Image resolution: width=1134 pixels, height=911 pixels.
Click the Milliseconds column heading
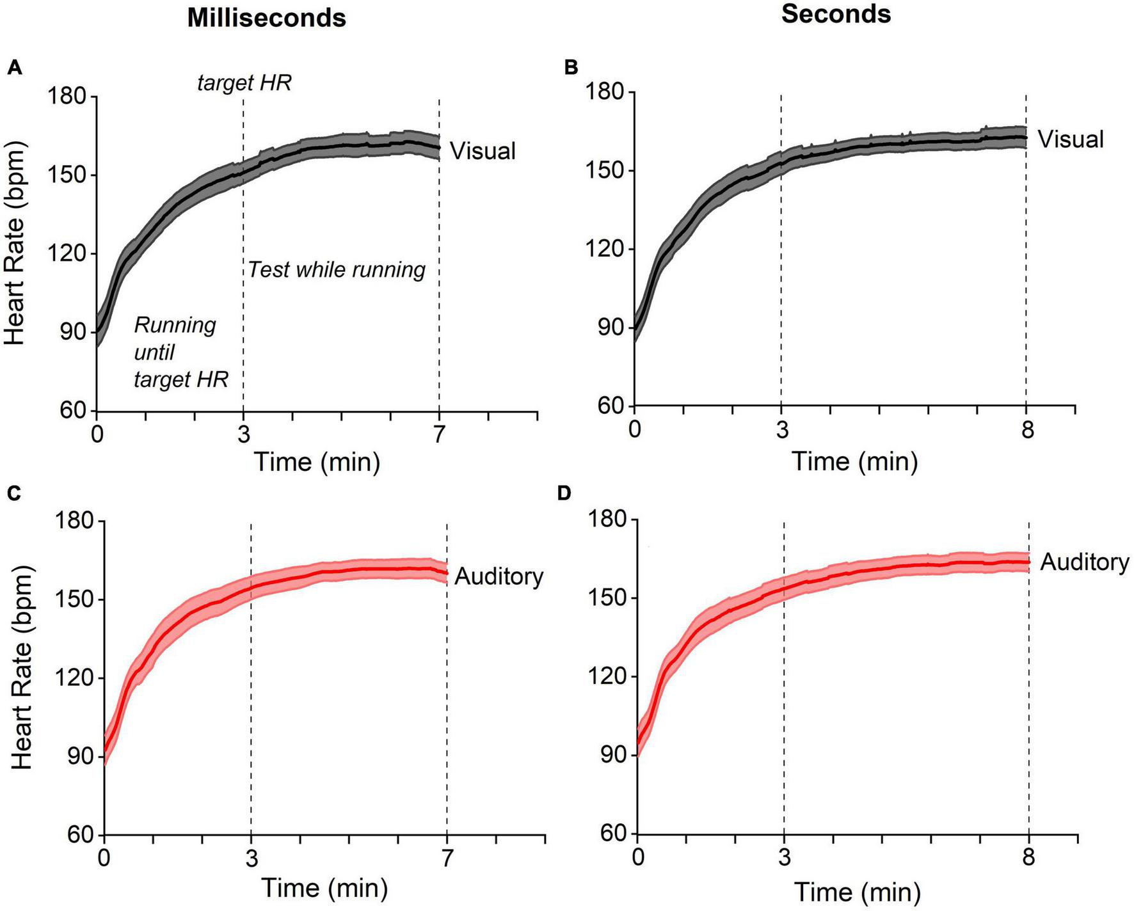tap(266, 18)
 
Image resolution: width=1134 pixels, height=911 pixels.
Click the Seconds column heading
tap(836, 14)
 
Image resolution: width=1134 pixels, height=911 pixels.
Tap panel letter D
tap(564, 493)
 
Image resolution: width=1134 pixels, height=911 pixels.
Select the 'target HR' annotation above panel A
tap(244, 83)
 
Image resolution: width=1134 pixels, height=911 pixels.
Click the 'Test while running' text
tap(337, 270)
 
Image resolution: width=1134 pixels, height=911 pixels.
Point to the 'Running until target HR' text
tap(180, 353)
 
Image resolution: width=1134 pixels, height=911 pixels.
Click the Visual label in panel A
tap(483, 151)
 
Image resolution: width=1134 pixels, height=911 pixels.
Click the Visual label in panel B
tap(1070, 139)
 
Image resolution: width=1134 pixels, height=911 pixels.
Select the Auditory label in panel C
tap(499, 577)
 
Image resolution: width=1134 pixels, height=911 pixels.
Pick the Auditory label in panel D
tap(1084, 562)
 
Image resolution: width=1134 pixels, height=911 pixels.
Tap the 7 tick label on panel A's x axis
tap(439, 435)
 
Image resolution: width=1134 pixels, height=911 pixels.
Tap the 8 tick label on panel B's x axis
tap(1027, 431)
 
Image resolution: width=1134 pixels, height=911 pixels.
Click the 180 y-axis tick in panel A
tap(67, 97)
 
